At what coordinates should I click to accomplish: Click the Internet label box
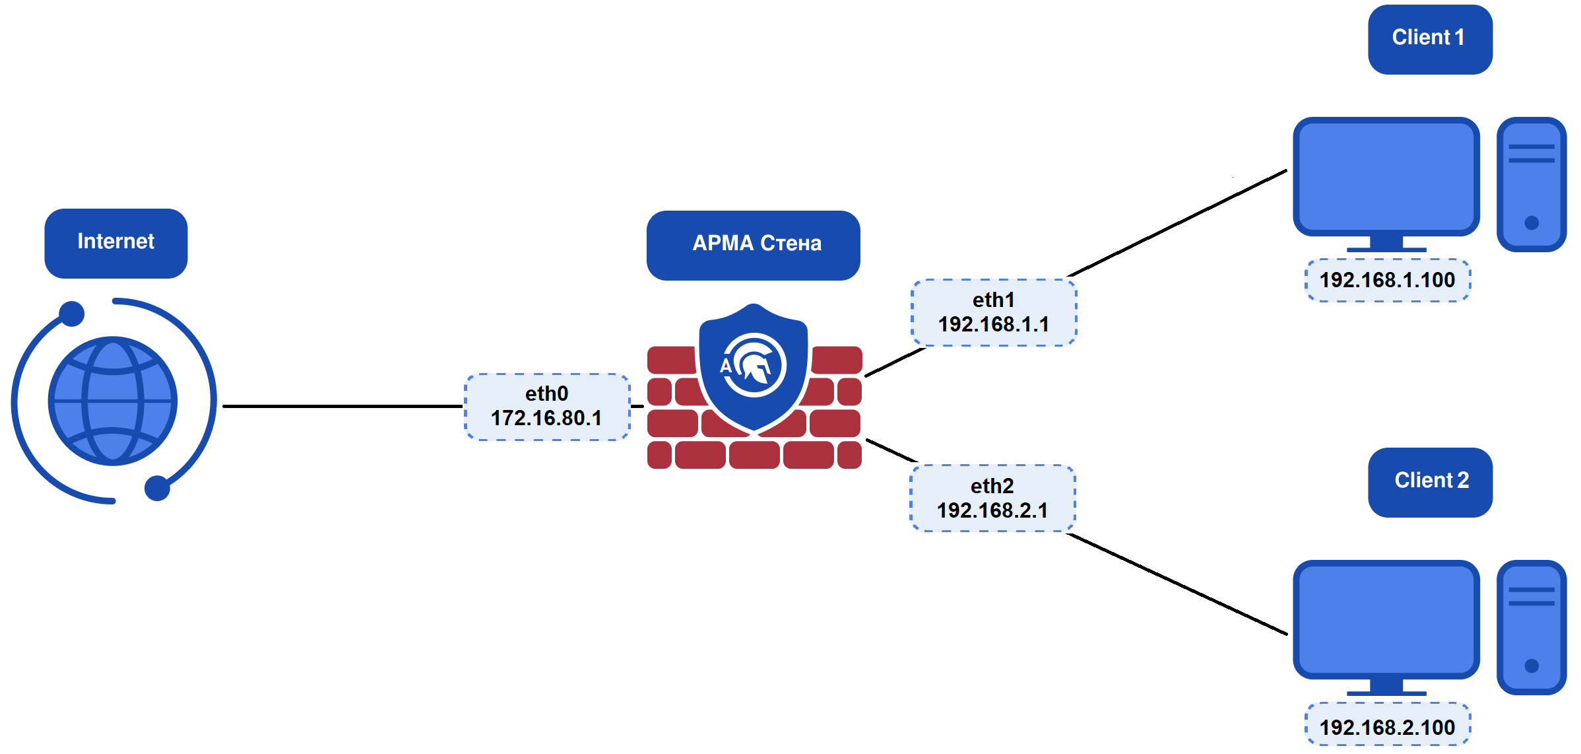coord(115,242)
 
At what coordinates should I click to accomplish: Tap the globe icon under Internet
coord(113,401)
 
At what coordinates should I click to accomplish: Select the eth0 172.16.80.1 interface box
coord(547,407)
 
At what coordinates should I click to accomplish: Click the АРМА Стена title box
coord(753,244)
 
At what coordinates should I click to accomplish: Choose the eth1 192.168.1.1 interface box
coord(994,312)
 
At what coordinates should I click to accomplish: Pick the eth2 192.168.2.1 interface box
coord(992,498)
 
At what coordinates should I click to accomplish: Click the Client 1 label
coord(1429,39)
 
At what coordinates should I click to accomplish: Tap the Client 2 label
coord(1430,482)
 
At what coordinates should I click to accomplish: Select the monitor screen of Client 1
coord(1386,176)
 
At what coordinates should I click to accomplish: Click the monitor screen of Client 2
coord(1386,619)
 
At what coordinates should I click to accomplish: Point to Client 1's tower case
coord(1531,184)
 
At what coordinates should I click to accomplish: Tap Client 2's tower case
coord(1531,627)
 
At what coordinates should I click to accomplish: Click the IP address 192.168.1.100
coord(1388,280)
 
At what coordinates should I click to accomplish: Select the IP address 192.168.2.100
coord(1388,727)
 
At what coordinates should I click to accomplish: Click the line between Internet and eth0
coord(343,406)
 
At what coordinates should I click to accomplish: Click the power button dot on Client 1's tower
coord(1532,223)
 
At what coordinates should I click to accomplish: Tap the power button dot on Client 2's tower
coord(1532,666)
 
